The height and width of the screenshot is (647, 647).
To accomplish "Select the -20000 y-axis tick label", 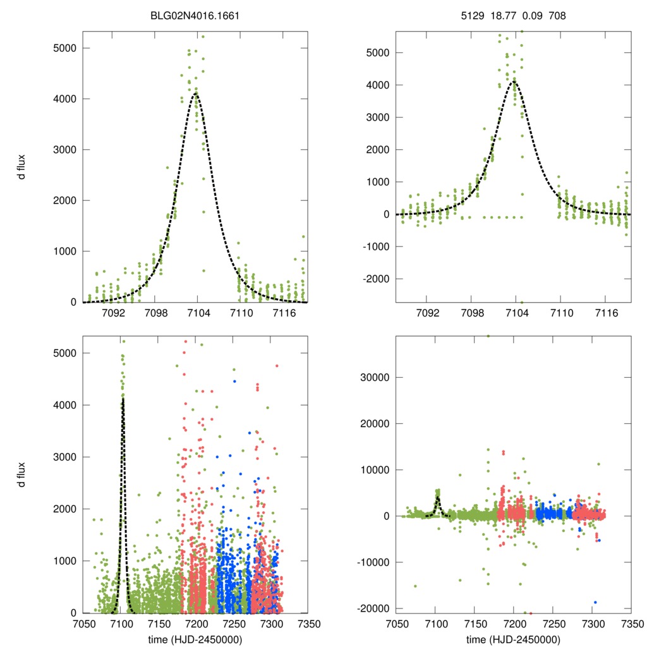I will (372, 608).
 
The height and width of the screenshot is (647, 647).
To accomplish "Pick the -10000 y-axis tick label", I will (372, 562).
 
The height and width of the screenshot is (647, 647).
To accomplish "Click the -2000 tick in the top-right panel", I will (376, 279).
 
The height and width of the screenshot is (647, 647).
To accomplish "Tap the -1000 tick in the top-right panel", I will (376, 246).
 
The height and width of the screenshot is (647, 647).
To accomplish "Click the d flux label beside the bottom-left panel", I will (23, 475).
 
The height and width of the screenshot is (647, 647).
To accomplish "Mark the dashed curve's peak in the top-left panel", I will (196, 94).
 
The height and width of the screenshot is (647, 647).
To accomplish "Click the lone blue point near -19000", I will (595, 603).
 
